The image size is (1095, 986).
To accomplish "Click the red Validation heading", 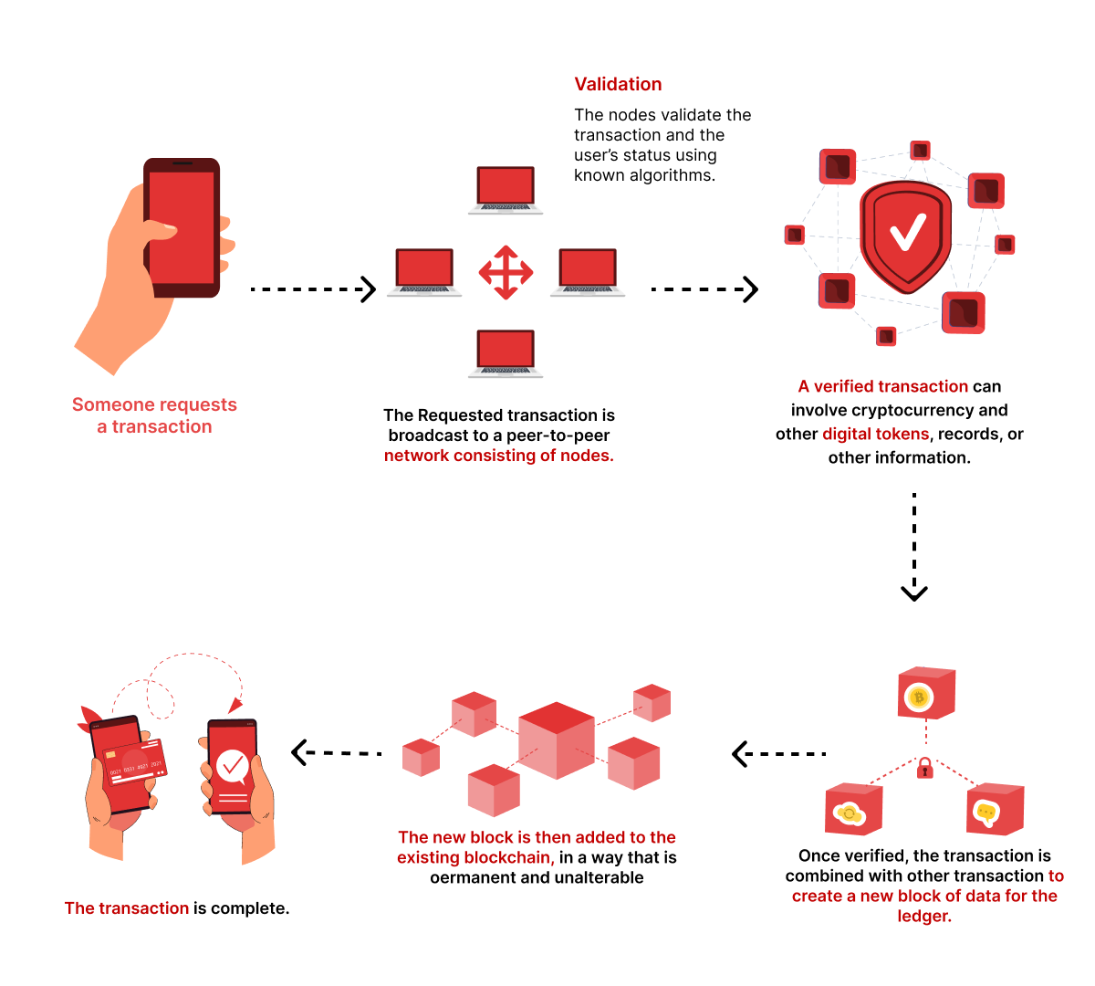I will [x=618, y=84].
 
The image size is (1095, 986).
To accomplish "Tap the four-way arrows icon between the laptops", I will [x=506, y=272].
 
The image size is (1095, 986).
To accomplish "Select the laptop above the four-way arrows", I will [x=506, y=190].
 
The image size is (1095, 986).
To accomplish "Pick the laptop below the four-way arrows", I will [x=506, y=353].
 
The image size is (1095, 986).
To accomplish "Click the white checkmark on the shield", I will [x=907, y=232].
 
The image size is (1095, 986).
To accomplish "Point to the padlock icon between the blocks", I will [x=925, y=767].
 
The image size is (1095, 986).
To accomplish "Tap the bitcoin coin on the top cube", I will [x=919, y=698].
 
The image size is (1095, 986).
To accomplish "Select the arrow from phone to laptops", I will [x=313, y=289].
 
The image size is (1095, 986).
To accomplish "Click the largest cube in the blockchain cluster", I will [x=557, y=739].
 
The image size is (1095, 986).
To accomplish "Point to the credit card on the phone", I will [x=134, y=762].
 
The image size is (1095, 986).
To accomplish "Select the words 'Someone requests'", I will [x=154, y=404].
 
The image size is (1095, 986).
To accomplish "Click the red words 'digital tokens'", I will [x=875, y=434].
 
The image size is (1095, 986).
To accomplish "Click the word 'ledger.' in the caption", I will [x=924, y=916].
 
